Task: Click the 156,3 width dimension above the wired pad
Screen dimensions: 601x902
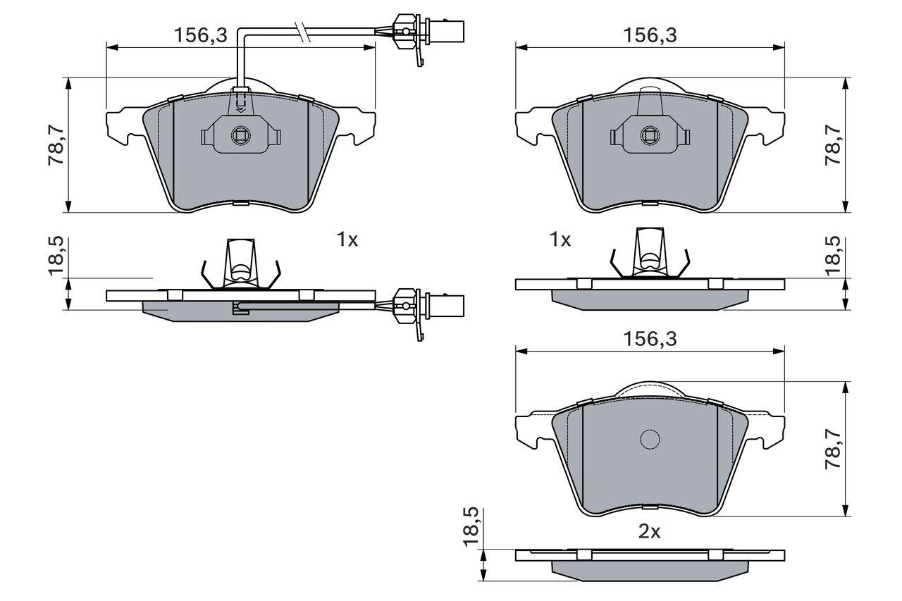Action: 201,35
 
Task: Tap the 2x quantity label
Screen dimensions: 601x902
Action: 649,532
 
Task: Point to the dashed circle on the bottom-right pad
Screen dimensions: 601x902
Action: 650,439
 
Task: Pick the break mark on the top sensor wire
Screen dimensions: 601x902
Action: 304,32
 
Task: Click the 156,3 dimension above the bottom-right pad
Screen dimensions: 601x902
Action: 649,339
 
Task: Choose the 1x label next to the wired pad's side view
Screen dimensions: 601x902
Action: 347,240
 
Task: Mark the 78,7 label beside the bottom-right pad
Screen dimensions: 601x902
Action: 834,451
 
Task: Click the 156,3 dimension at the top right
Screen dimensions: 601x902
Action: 649,35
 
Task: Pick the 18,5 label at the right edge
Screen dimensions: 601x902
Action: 834,255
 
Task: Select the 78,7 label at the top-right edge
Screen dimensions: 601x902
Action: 834,145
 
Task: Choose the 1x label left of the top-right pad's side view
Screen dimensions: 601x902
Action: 560,240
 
